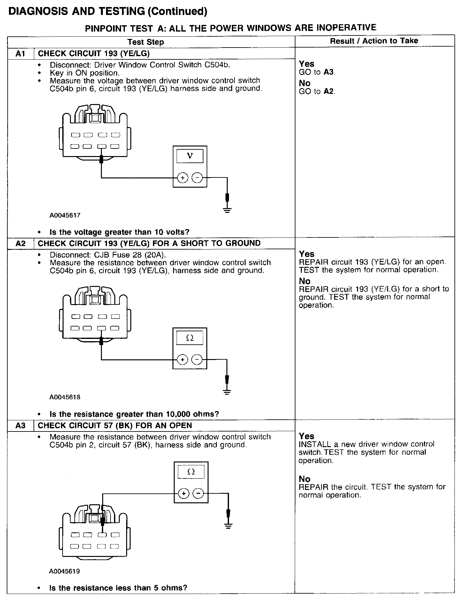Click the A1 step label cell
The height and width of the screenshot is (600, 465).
tap(20, 54)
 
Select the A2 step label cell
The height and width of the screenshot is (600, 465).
tap(20, 244)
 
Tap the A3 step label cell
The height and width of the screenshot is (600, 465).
tap(20, 425)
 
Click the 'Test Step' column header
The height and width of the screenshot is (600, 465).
tap(146, 42)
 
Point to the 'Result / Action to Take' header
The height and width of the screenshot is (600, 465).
tap(374, 41)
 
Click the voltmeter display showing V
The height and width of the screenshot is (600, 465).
tap(190, 156)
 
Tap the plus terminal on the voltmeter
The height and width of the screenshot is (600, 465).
tap(182, 177)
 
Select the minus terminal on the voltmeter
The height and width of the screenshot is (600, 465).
tap(198, 177)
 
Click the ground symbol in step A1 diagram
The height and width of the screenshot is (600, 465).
tap(227, 210)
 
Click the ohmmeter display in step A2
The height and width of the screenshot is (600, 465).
tap(190, 338)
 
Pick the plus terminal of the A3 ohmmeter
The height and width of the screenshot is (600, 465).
tap(183, 494)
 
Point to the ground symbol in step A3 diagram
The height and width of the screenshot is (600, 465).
tap(228, 526)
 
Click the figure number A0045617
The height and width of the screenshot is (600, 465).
tap(65, 215)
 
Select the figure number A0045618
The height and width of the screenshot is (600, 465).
tap(65, 397)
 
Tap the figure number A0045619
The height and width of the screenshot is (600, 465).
tap(65, 571)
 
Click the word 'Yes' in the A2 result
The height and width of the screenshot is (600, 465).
tap(307, 254)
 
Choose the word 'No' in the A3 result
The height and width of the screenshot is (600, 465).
tap(305, 479)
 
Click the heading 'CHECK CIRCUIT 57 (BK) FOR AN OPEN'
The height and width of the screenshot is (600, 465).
tap(115, 425)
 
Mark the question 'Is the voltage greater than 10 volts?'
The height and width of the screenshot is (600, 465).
tap(119, 232)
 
